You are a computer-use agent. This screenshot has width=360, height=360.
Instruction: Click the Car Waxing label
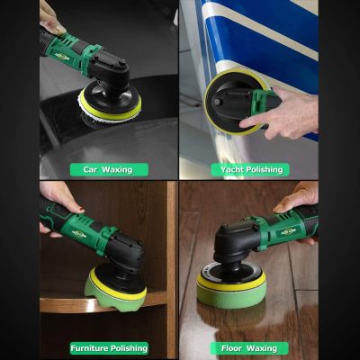click(x=109, y=170)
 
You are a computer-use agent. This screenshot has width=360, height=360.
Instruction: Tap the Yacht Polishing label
click(x=250, y=170)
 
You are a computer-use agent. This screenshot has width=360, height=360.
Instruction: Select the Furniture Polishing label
click(x=109, y=348)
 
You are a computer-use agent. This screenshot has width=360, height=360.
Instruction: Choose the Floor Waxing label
click(x=249, y=348)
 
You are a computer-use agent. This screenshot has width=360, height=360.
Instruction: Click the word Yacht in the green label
click(x=231, y=170)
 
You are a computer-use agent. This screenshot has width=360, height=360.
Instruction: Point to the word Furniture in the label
click(x=89, y=348)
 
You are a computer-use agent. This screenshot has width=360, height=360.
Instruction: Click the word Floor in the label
click(x=231, y=348)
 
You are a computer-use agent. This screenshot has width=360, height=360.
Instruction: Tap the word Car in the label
click(x=90, y=169)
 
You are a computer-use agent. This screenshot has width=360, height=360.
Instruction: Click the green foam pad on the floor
click(x=231, y=294)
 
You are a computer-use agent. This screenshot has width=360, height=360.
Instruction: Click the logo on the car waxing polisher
click(x=62, y=56)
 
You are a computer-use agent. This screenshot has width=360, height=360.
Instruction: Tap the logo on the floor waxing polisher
click(x=288, y=231)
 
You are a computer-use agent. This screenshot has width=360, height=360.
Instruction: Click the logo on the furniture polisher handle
click(x=79, y=234)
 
